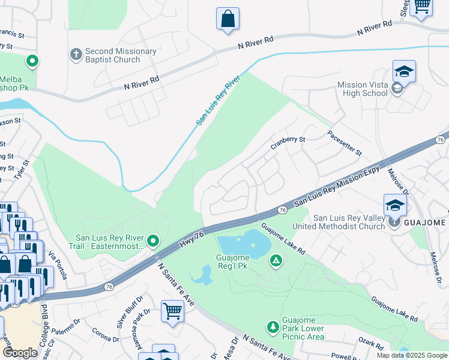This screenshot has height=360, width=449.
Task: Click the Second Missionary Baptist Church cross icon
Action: [76, 55]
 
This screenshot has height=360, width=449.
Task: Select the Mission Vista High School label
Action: [362, 89]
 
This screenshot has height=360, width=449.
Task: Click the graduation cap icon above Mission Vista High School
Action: [404, 71]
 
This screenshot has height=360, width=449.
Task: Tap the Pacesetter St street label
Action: [344, 142]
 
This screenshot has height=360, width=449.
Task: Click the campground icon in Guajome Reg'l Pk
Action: [276, 260]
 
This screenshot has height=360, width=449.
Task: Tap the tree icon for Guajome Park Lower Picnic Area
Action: [273, 326]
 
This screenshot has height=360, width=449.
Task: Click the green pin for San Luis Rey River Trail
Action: [153, 241]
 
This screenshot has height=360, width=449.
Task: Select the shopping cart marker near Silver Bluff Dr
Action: [172, 311]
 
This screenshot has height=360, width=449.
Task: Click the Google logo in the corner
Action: [20, 353]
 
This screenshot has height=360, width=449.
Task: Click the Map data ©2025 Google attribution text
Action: [411, 355]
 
